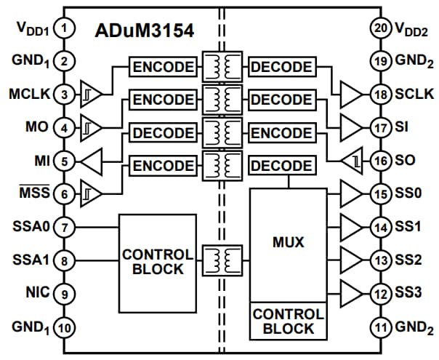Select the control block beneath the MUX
(289, 321)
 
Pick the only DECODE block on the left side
(164, 133)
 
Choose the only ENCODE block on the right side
(282, 133)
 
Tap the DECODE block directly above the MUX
(282, 166)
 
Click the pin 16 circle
(379, 160)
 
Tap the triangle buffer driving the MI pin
(92, 160)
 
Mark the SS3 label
(408, 293)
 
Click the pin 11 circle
(379, 327)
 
